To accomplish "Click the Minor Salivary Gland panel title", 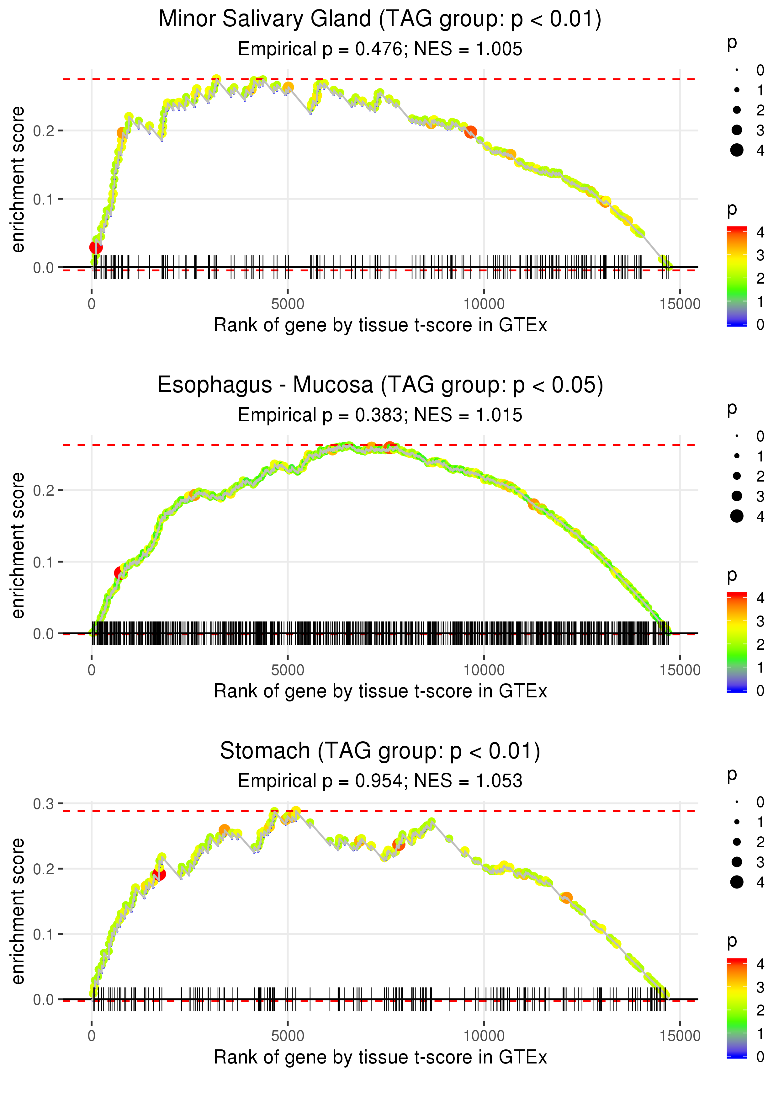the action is pyautogui.click(x=380, y=19).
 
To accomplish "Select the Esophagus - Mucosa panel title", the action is pyautogui.click(x=380, y=385).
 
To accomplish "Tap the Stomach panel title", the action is pyautogui.click(x=380, y=751).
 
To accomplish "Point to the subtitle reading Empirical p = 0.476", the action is pyautogui.click(x=320, y=49).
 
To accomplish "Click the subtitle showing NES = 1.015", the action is pyautogui.click(x=468, y=415).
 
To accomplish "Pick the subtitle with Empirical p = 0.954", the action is pyautogui.click(x=320, y=781).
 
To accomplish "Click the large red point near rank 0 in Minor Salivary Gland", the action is pyautogui.click(x=96, y=247).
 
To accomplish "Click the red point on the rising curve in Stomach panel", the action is pyautogui.click(x=158, y=874).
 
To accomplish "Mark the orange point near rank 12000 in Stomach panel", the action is pyautogui.click(x=567, y=898).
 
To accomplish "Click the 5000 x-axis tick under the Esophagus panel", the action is pyautogui.click(x=288, y=670).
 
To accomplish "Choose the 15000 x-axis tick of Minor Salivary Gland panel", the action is pyautogui.click(x=680, y=304).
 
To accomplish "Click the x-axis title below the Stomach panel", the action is pyautogui.click(x=380, y=1058).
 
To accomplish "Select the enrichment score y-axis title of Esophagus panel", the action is pyautogui.click(x=18, y=546).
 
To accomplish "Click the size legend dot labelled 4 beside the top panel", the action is pyautogui.click(x=737, y=150).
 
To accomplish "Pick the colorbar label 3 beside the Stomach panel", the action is pyautogui.click(x=760, y=987).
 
